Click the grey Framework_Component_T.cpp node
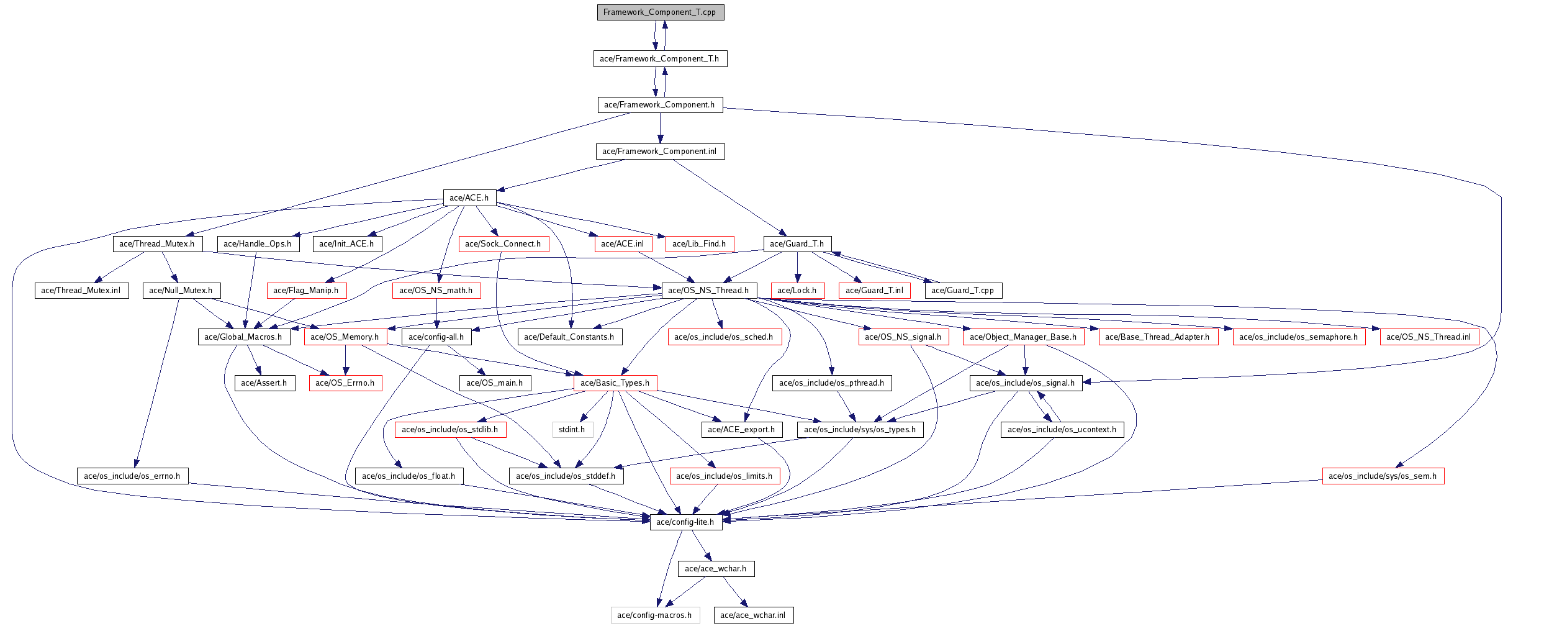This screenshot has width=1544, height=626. pos(660,12)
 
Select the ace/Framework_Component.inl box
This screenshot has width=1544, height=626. pos(659,152)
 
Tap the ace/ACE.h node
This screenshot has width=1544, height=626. pos(469,198)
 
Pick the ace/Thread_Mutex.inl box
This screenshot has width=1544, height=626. pos(81,291)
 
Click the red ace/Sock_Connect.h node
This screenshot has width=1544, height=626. pos(503,244)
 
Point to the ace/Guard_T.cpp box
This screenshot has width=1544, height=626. pos(962,291)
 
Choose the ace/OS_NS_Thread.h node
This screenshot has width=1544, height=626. pos(708,291)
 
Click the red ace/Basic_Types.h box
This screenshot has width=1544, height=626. pos(615,383)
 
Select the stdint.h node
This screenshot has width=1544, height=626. pos(572,430)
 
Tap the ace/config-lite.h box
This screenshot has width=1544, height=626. pos(685,522)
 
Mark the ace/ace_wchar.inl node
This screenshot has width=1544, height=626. pos(753,615)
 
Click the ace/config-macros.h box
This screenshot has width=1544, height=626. pos(654,615)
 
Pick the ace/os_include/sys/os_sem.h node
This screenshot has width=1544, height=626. pos(1383,476)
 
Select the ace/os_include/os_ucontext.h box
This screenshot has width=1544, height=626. pos(1062,430)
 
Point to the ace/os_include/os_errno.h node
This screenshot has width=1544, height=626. pos(132,476)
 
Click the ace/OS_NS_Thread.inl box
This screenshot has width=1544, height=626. pos(1429,337)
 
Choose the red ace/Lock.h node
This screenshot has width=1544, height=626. pos(797,291)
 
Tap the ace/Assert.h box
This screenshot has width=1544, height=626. pos(264,383)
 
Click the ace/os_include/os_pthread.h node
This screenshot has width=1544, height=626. pos(831,383)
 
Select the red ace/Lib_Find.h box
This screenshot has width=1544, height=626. pos(699,244)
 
